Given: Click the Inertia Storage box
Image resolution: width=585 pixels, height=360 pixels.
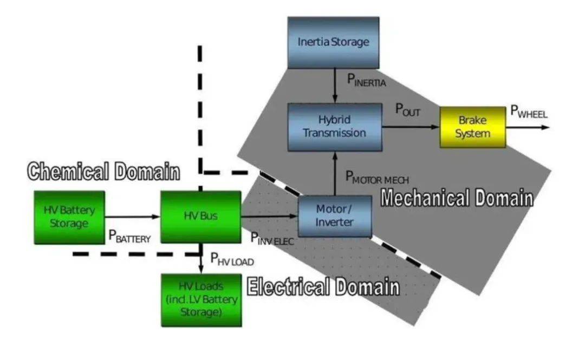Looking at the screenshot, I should click(333, 42).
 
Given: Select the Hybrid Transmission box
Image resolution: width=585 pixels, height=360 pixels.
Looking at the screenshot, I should click(334, 127).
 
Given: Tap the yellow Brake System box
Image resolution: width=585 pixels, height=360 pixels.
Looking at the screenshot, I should click(472, 127).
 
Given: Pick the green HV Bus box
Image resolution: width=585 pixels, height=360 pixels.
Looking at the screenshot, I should click(200, 217).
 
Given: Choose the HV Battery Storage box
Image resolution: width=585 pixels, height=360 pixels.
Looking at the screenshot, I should click(69, 217).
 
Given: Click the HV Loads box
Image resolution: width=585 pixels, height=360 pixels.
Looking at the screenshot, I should click(200, 299).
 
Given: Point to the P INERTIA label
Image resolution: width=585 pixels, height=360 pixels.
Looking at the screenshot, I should click(367, 81).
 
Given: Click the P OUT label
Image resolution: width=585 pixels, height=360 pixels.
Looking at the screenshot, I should click(407, 110).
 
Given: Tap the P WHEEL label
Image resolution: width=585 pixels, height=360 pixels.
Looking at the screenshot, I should click(529, 112).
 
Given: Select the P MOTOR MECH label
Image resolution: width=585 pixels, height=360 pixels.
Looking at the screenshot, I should click(377, 177).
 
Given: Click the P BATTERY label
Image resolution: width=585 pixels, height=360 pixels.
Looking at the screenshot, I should click(129, 237).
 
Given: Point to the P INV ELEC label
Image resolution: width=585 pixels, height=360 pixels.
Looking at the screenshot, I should click(271, 238).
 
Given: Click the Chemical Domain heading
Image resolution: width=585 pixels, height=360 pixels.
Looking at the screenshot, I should click(103, 172).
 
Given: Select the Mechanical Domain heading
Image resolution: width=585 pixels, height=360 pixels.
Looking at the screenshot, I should click(457, 198).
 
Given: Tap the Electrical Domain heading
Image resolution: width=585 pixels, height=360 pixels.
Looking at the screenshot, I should click(323, 286).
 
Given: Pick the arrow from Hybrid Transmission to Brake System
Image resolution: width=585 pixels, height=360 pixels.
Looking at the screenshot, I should click(410, 127).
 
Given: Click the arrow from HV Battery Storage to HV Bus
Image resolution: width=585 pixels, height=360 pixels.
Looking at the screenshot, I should click(132, 217).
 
